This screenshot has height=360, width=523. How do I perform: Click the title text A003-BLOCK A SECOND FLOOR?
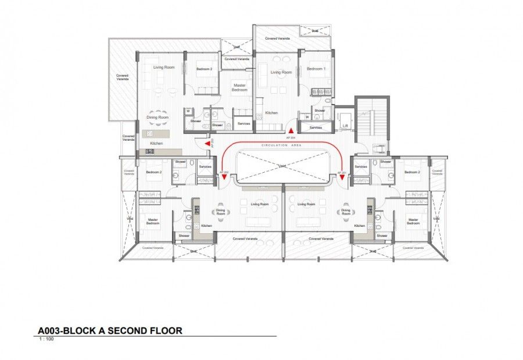(x=110, y=331)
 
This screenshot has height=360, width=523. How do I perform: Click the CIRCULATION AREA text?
(x=281, y=145)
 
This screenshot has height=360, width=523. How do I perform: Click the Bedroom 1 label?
(x=316, y=69)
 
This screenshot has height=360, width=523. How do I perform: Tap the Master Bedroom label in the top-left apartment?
(x=239, y=87)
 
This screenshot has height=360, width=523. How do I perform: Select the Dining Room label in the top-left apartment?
(x=157, y=118)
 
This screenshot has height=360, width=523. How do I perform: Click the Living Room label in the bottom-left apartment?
(x=259, y=204)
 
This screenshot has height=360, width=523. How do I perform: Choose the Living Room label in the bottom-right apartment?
(x=306, y=204)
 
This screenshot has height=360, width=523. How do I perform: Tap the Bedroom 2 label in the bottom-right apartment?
(x=412, y=172)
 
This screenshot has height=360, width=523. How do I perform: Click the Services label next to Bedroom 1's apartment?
(x=316, y=127)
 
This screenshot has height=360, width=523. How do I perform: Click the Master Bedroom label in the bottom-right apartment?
(x=413, y=222)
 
